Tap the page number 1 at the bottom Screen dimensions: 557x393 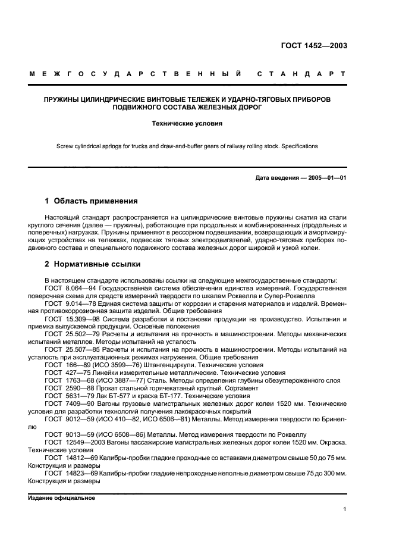345,509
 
